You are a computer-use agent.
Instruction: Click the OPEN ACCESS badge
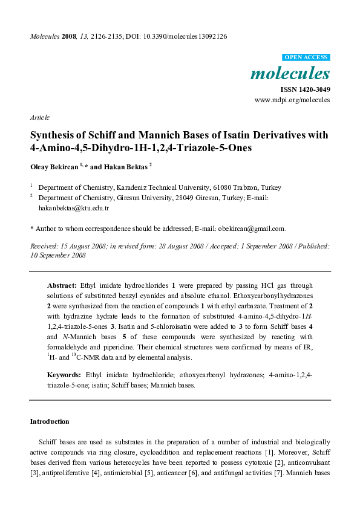[306, 57]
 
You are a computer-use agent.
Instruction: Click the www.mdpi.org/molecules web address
[292, 100]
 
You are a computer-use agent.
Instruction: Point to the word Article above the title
[39, 117]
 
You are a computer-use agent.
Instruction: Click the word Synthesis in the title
[55, 136]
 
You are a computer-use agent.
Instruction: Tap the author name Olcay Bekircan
[54, 165]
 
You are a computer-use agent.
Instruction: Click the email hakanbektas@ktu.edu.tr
[73, 207]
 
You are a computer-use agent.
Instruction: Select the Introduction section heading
[50, 421]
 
